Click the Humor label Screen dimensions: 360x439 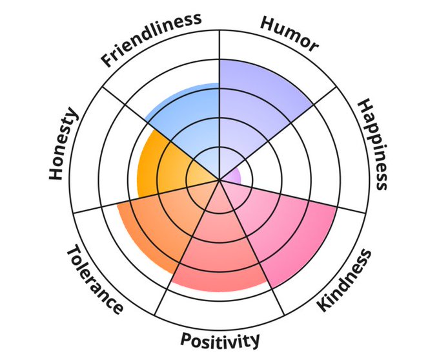point(289,33)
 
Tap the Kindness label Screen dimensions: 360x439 point(345,279)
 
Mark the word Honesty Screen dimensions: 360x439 point(63,144)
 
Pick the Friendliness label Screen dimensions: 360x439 point(151,38)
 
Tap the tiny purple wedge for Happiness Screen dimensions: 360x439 point(234,175)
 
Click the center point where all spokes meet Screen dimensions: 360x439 point(219,180)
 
